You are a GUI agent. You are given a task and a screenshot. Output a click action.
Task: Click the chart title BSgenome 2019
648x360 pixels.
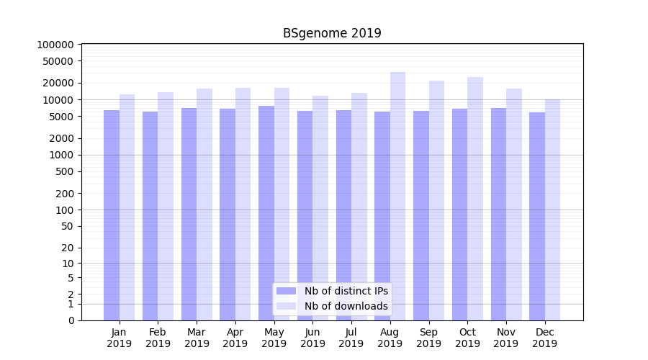pyautogui.click(x=331, y=33)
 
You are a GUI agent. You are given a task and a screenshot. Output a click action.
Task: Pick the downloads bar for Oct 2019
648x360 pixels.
pyautogui.click(x=475, y=198)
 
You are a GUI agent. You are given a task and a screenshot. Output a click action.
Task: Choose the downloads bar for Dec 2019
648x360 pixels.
pyautogui.click(x=552, y=210)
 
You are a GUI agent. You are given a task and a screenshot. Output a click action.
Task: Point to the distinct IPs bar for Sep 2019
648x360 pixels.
pyautogui.click(x=421, y=215)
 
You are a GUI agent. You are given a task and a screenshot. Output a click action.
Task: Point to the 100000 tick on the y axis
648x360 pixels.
pyautogui.click(x=55, y=45)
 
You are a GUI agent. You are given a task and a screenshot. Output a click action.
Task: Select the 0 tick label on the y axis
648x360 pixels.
pyautogui.click(x=71, y=320)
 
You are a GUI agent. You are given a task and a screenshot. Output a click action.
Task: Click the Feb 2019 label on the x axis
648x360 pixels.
pyautogui.click(x=158, y=338)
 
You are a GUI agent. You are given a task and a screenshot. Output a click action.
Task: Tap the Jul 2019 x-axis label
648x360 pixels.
pyautogui.click(x=351, y=338)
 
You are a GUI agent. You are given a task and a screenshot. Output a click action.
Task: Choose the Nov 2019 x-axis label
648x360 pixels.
pyautogui.click(x=506, y=338)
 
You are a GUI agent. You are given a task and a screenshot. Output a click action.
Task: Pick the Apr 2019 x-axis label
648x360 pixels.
pyautogui.click(x=235, y=338)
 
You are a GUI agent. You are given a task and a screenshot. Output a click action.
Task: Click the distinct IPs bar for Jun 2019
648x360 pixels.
pyautogui.click(x=305, y=215)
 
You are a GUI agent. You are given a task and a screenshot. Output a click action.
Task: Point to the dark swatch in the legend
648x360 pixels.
pyautogui.click(x=287, y=291)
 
